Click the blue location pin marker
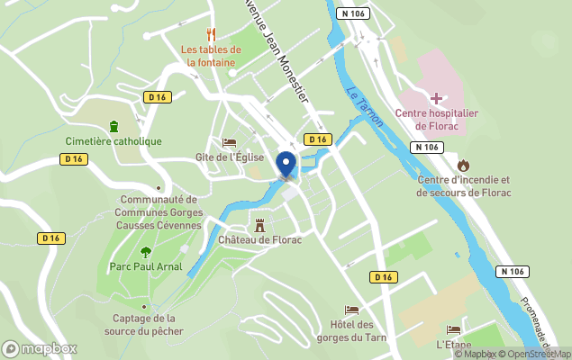coord(286,165)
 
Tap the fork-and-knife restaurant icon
coord(212,34)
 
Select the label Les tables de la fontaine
coord(211,56)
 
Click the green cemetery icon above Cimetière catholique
coord(113,126)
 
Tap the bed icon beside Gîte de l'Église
coord(229,142)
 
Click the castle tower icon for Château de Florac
coord(259,224)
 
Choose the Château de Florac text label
coord(259,240)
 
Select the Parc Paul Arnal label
coord(146,266)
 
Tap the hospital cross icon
coord(436,97)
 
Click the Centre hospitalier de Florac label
coord(436,119)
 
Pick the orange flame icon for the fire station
coord(463,165)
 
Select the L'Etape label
coord(453,345)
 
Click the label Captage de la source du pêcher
coord(144,324)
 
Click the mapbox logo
coord(40,348)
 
